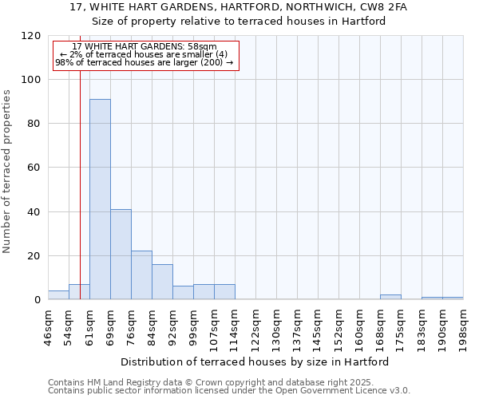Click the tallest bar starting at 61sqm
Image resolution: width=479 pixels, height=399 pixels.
(100, 199)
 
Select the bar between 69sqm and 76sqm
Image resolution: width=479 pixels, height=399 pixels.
(121, 255)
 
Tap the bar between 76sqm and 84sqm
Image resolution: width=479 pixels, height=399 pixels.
(141, 275)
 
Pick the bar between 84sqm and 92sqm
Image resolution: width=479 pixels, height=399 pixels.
(162, 282)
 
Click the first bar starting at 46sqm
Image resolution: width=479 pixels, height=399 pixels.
(58, 295)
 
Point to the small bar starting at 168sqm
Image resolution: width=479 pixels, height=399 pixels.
(390, 298)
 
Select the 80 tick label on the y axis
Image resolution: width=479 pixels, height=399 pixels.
(34, 124)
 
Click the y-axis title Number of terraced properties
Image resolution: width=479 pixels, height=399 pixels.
(7, 172)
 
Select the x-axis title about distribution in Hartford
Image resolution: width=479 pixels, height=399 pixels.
(255, 361)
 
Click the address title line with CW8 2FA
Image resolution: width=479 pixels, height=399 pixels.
(239, 7)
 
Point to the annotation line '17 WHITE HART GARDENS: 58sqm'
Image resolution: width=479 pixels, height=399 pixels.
(144, 47)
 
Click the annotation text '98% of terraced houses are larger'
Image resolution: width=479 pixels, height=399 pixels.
(144, 61)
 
